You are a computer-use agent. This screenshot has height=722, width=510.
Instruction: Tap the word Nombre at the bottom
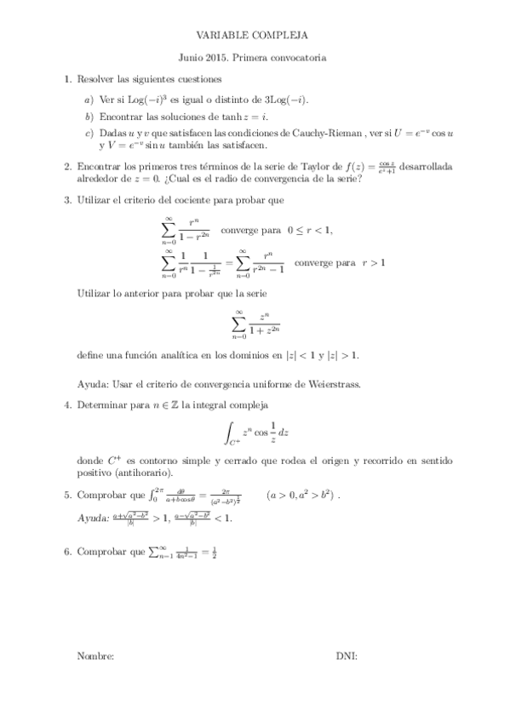coord(95,656)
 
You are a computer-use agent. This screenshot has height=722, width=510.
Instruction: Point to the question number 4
coord(67,404)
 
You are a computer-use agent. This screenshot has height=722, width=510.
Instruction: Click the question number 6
coord(67,552)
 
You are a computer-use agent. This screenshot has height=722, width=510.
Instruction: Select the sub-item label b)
coord(89,115)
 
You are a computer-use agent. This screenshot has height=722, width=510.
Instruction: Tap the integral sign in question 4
coord(230,432)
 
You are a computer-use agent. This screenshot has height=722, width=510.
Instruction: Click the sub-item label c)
coord(89,133)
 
